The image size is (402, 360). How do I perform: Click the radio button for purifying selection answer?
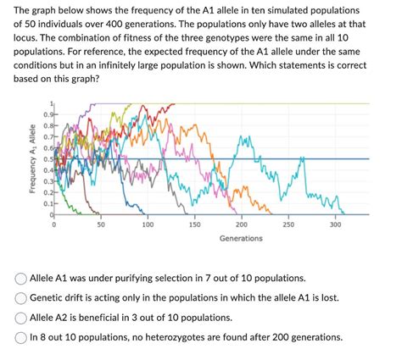tap(20, 278)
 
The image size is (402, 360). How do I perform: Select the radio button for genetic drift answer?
tap(20, 297)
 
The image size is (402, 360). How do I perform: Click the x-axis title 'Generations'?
tap(240, 238)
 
